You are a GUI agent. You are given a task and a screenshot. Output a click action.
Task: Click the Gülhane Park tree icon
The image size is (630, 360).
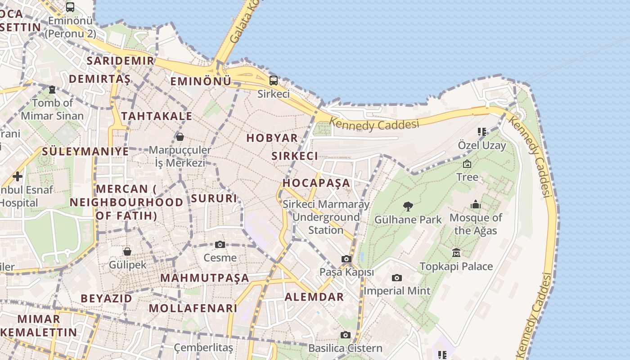[408, 207]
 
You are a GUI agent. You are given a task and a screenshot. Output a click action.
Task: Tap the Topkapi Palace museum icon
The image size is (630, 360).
[456, 253]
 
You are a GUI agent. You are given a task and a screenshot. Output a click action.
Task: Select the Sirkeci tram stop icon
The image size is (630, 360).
[273, 81]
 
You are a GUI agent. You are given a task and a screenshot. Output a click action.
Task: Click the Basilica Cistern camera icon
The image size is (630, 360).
[346, 335]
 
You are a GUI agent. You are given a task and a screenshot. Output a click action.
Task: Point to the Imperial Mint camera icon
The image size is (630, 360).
[396, 278]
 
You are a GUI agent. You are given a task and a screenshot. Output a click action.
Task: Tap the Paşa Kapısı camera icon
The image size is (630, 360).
[346, 259]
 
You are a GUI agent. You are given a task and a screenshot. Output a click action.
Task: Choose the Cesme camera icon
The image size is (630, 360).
[220, 244]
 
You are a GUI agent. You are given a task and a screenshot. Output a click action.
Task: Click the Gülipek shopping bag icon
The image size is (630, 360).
[127, 251]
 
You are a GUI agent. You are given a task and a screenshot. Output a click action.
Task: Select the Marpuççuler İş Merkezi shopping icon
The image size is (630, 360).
[180, 136]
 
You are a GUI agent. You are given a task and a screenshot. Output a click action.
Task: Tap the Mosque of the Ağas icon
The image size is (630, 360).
[476, 205]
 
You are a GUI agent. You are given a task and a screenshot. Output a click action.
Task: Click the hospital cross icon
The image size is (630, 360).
[18, 176]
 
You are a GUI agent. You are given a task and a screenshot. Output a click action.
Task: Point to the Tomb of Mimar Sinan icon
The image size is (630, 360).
[52, 90]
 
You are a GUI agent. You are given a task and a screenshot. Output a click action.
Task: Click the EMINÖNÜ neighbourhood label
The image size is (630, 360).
[201, 81]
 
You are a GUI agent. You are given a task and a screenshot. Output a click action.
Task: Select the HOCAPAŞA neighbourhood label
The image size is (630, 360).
[316, 183]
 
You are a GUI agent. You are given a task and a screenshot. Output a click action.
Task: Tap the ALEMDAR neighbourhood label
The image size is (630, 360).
[314, 297]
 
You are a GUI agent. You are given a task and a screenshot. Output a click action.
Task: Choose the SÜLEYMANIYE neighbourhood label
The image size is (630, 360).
[85, 151]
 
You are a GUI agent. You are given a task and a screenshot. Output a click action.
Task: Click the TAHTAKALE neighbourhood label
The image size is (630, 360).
[157, 117]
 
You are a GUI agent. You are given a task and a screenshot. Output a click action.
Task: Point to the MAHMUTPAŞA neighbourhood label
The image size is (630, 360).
[205, 278]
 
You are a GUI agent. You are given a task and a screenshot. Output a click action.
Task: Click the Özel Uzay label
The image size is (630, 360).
[482, 145]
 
